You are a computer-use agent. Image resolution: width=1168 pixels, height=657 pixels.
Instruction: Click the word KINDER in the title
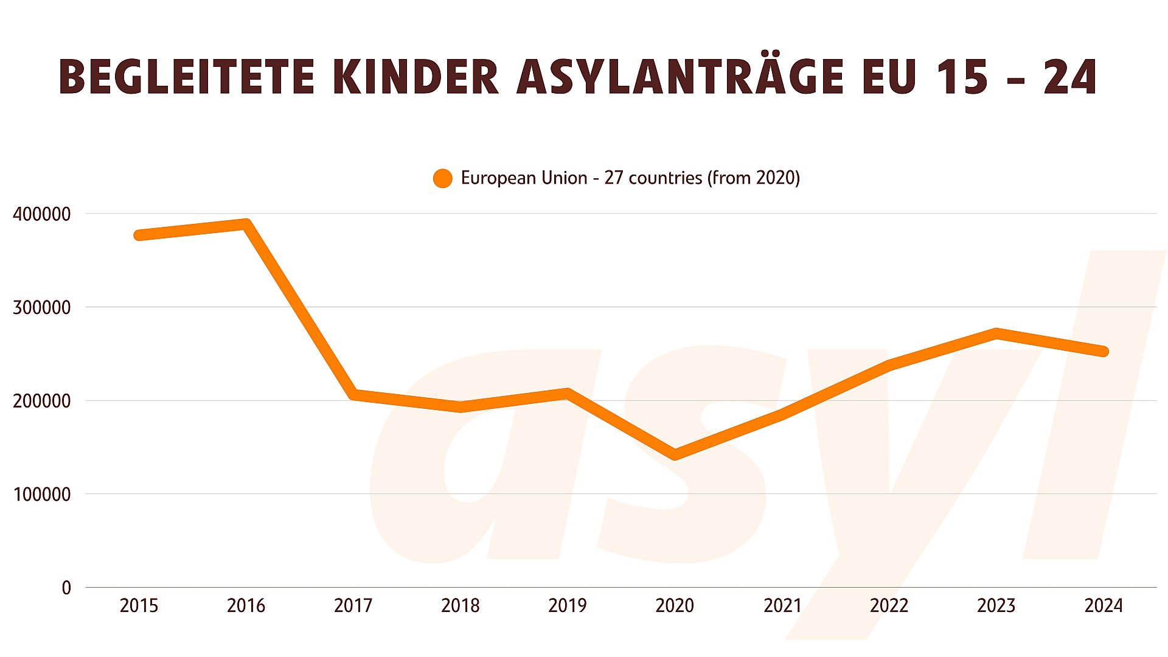[x=416, y=77]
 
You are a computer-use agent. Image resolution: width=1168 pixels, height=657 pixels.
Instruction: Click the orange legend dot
[x=442, y=178]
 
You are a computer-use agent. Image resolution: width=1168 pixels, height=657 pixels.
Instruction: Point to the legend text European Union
[x=524, y=178]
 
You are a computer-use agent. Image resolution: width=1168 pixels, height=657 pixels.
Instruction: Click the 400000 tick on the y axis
[x=41, y=214]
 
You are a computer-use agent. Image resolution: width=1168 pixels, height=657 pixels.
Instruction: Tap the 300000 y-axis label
[x=41, y=307]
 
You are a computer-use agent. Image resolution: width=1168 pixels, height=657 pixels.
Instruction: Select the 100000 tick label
[x=41, y=494]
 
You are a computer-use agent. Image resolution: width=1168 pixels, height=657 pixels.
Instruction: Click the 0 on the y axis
[x=66, y=588]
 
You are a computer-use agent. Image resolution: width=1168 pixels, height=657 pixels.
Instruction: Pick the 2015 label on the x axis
[x=139, y=606]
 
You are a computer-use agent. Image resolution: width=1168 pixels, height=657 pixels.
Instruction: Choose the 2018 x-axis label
[x=460, y=606]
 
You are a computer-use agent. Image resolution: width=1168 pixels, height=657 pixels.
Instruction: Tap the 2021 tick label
[x=782, y=606]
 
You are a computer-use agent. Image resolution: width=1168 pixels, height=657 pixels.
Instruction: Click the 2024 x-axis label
[x=1104, y=606]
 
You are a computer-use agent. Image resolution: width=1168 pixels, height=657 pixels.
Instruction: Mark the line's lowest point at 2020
[x=675, y=454]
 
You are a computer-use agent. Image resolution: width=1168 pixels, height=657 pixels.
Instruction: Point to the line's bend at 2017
[x=353, y=395]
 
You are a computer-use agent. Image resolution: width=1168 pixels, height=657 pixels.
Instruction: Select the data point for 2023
[x=996, y=333]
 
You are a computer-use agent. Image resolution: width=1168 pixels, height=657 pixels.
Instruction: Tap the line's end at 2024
[x=1104, y=351]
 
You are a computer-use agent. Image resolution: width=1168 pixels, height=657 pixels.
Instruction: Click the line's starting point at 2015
[x=139, y=235]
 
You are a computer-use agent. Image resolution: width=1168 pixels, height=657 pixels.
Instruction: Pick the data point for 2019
[x=568, y=394]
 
